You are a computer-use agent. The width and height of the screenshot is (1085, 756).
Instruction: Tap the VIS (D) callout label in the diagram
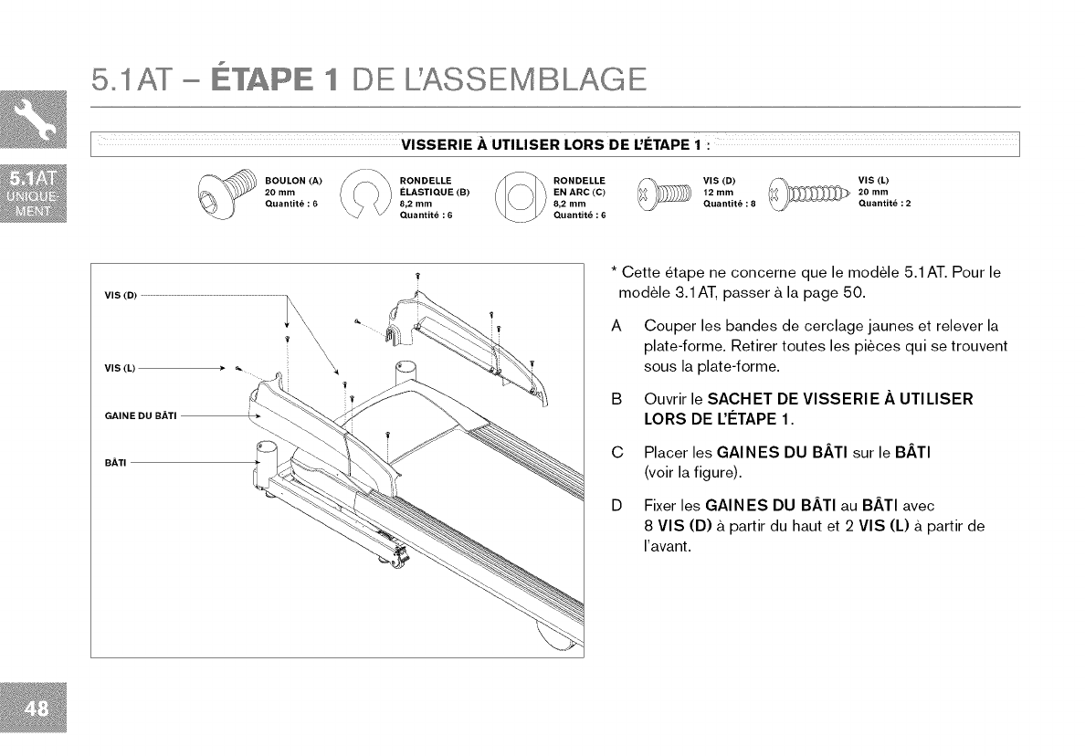[120, 296]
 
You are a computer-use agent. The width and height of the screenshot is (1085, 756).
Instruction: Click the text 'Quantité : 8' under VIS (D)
[730, 204]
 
